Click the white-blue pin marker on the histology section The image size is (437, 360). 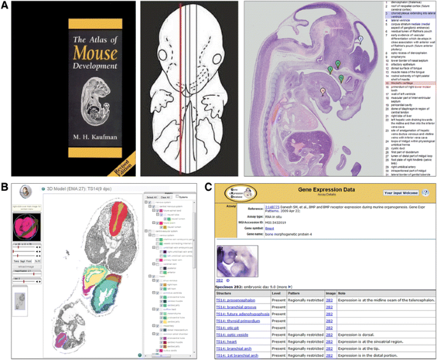pos(359,39)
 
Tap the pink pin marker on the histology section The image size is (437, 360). pos(323,91)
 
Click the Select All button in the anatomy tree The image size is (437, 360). pos(152,197)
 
